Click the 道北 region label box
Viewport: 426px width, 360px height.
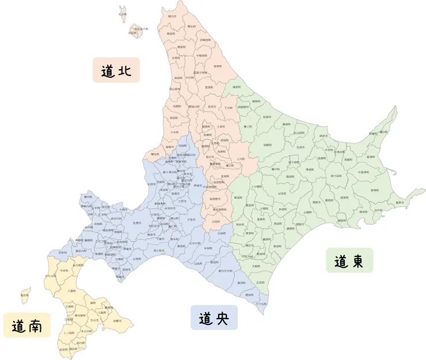[116, 70]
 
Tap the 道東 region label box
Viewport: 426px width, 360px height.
[349, 260]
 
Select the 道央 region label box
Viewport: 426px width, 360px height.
[214, 317]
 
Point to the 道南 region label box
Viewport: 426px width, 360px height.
[26, 325]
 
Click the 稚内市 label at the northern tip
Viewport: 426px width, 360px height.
[171, 17]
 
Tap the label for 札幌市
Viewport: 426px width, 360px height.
[137, 221]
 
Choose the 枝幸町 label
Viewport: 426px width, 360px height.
[218, 67]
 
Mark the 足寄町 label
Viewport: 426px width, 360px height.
[282, 195]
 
